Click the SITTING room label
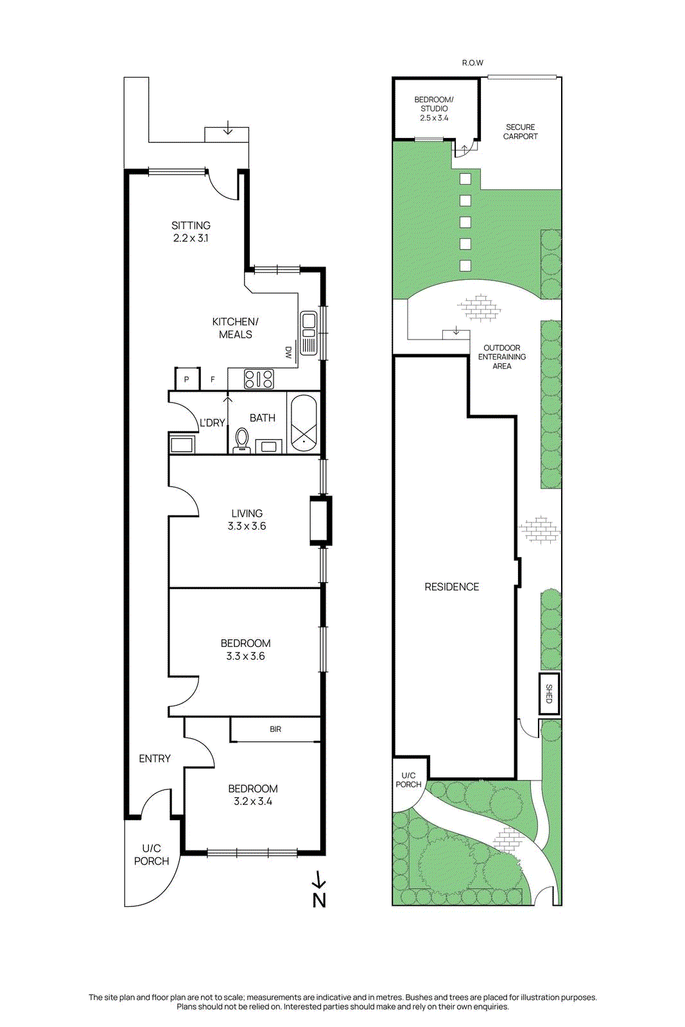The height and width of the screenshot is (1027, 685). point(191,232)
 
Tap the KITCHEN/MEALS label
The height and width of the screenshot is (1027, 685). point(235,328)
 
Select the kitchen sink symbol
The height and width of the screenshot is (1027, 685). point(309,332)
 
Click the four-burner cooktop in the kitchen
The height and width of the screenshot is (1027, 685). point(259,379)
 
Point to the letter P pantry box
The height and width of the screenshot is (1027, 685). point(186,379)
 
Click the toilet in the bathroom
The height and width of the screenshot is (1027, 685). point(241,440)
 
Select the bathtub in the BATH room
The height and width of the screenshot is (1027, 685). point(303,422)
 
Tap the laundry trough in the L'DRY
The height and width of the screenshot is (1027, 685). point(182,444)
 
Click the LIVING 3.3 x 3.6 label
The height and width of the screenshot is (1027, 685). point(247,519)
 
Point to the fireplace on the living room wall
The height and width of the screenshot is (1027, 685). point(320,520)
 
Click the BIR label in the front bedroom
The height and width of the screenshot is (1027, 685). point(275,729)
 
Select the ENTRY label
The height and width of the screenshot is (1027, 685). point(155,759)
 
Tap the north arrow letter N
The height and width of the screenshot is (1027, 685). point(319,900)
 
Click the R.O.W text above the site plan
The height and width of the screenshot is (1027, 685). point(473,63)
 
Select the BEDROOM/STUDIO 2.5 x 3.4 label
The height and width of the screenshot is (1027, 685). point(434,108)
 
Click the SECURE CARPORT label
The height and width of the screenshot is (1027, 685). point(520,132)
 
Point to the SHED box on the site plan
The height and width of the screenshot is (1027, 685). point(549,694)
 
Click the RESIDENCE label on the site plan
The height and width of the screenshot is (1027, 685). point(451,587)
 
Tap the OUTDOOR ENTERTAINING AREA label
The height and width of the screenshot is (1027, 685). point(501,357)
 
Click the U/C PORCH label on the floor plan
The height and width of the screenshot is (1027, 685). point(152,855)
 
